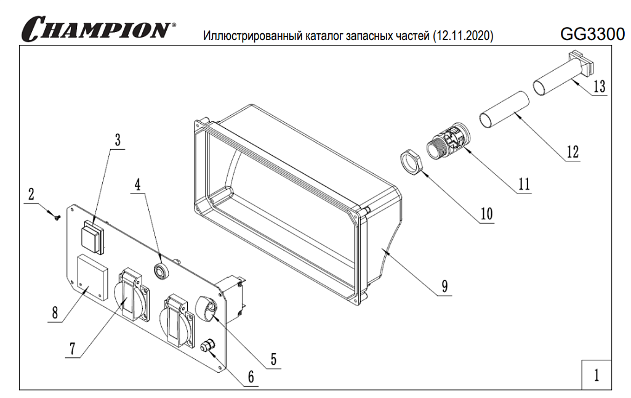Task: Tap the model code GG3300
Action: tap(592, 34)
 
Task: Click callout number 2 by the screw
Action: tap(31, 195)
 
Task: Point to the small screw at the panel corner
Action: tap(56, 216)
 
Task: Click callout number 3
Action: tap(117, 139)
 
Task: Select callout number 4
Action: tap(138, 184)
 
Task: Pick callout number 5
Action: tap(273, 358)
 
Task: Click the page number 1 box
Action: tap(596, 375)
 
